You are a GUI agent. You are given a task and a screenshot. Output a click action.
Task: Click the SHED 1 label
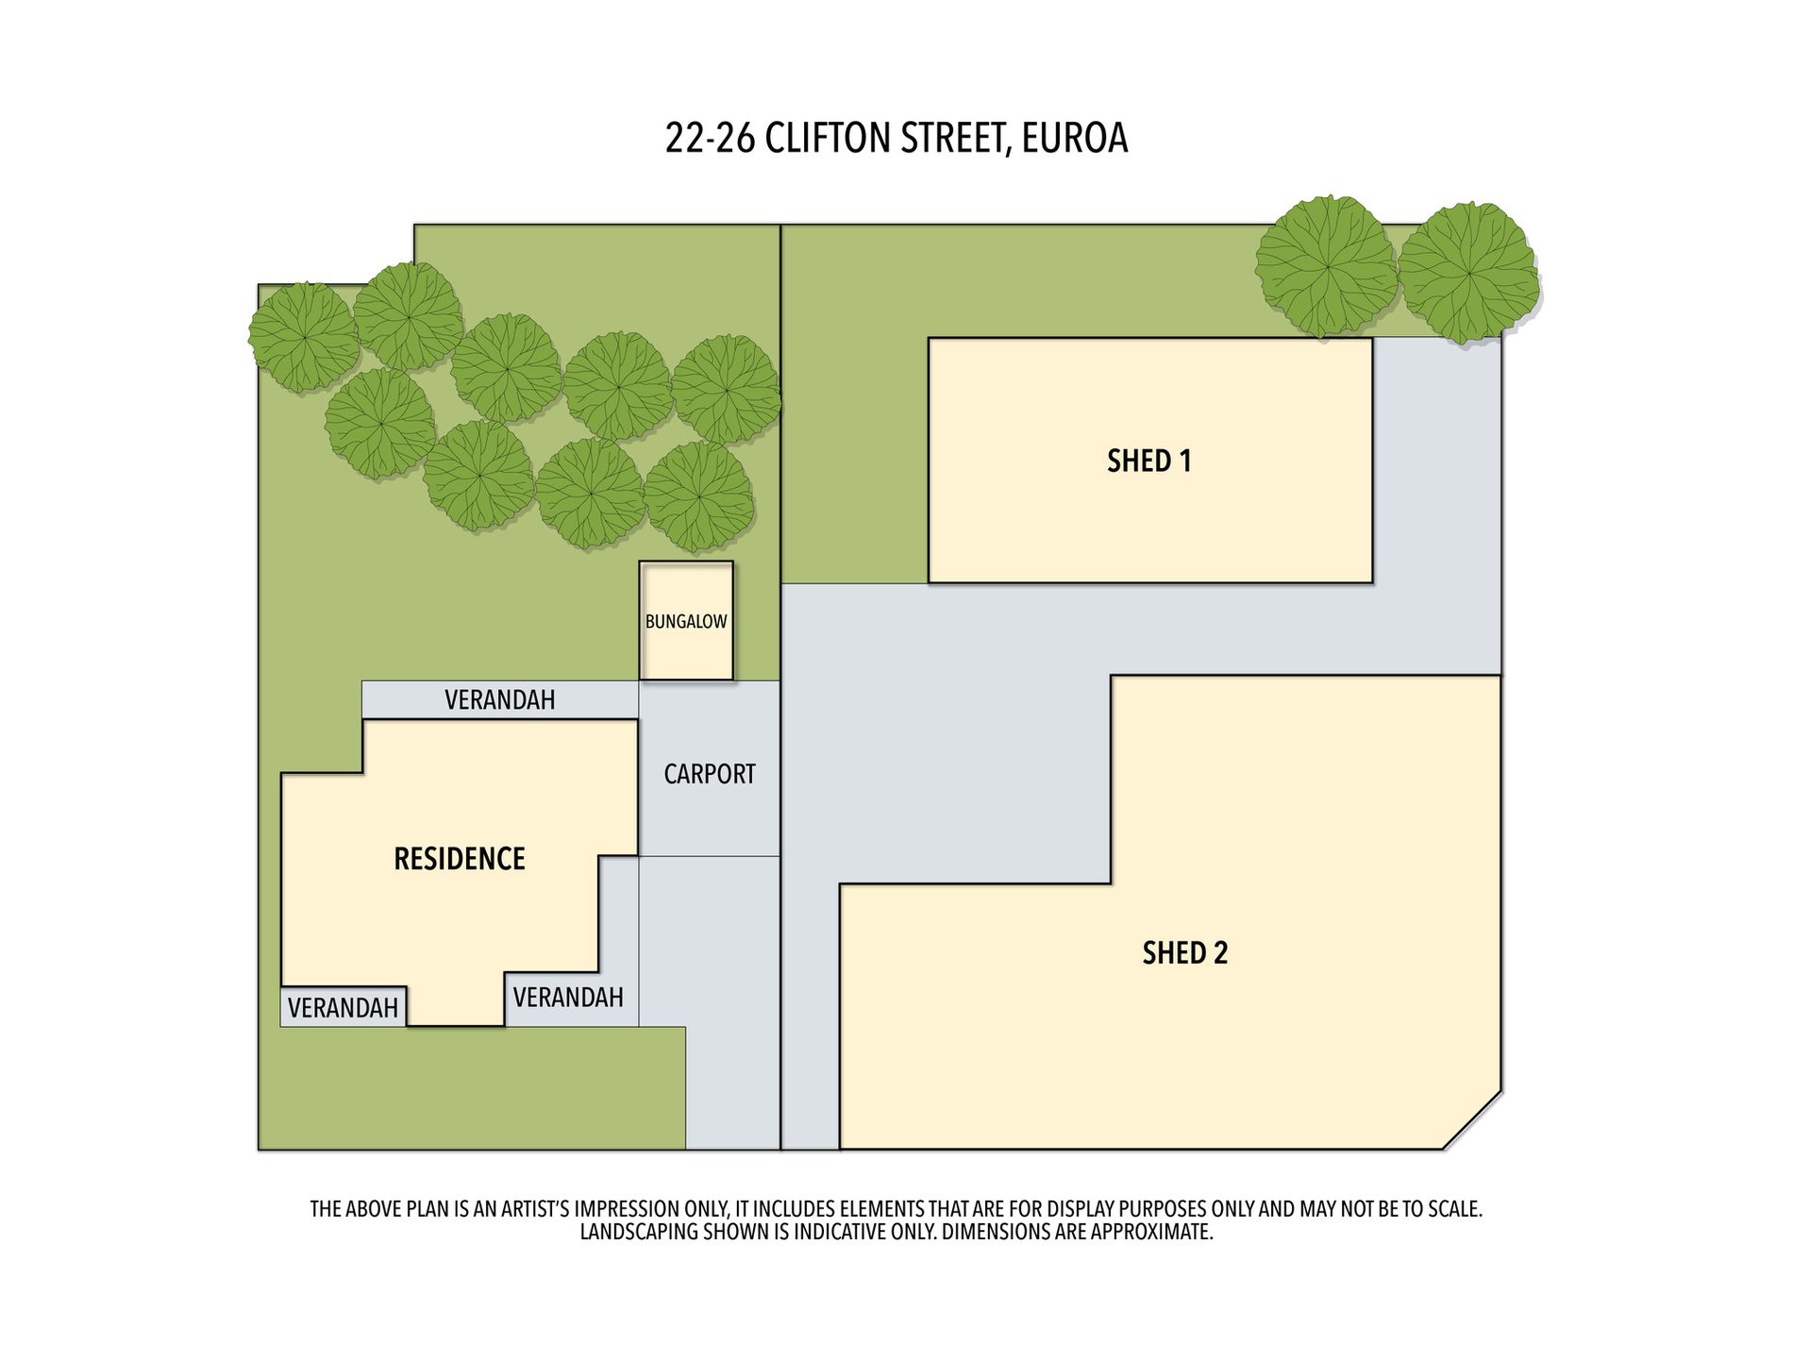(x=1148, y=461)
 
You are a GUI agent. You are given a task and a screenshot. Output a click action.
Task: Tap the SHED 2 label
(x=1184, y=953)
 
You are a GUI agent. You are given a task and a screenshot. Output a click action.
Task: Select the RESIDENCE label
(x=459, y=859)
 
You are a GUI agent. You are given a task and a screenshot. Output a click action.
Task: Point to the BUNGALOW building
(x=686, y=621)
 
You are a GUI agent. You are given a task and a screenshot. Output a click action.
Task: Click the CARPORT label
(x=710, y=774)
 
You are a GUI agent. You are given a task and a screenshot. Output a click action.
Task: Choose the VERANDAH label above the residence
(x=499, y=700)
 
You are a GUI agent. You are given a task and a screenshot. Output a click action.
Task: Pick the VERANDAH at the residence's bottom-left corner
(x=343, y=1008)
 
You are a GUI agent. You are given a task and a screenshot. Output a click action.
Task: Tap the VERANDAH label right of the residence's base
(x=568, y=998)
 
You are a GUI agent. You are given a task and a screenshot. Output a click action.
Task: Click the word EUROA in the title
(x=1074, y=139)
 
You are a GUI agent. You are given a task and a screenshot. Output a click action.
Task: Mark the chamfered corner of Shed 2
(x=1472, y=1120)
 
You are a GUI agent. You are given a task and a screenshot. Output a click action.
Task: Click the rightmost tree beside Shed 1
(x=1467, y=272)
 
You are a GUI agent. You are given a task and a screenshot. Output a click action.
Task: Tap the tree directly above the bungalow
(x=698, y=496)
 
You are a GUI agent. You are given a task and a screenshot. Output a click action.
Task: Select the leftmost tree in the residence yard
(x=304, y=336)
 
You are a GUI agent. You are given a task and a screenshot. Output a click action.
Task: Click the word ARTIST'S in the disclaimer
(x=527, y=1209)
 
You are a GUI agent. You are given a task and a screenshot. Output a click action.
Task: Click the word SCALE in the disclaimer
(x=1453, y=1209)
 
